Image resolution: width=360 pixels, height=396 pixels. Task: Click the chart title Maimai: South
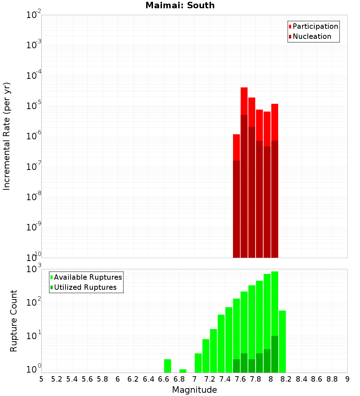click(180, 6)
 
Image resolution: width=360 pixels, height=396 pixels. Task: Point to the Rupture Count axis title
click(14, 321)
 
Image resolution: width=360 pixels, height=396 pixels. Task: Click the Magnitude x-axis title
click(194, 390)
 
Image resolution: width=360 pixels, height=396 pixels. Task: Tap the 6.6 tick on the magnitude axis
click(164, 379)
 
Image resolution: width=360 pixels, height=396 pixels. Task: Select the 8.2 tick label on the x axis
click(286, 379)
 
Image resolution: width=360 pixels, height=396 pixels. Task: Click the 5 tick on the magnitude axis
click(41, 379)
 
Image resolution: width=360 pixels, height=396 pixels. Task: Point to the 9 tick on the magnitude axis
click(347, 379)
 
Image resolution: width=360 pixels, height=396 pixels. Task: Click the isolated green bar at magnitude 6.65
click(167, 366)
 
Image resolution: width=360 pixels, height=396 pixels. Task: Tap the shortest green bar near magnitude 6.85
click(183, 371)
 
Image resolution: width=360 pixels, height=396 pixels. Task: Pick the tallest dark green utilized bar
click(275, 354)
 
